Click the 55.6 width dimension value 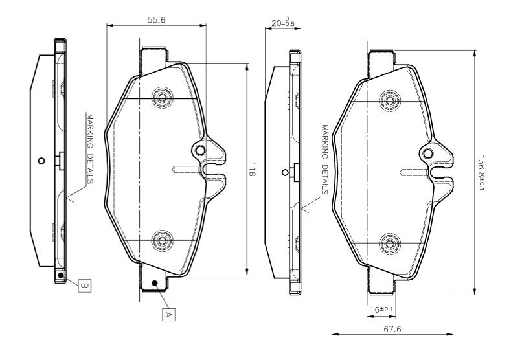click(x=156, y=20)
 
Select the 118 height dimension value click(x=253, y=171)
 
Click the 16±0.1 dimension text click(x=381, y=309)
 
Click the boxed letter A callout click(x=168, y=314)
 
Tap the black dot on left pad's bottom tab click(x=153, y=283)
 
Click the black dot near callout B click(x=60, y=275)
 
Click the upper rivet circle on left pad click(x=161, y=98)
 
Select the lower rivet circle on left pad click(x=161, y=242)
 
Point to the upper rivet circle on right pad click(x=389, y=99)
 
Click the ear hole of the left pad click(x=200, y=151)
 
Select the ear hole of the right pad click(x=428, y=152)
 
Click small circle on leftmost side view click(x=41, y=161)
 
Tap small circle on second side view click(x=284, y=172)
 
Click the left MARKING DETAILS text click(x=91, y=148)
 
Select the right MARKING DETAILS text click(x=324, y=159)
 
